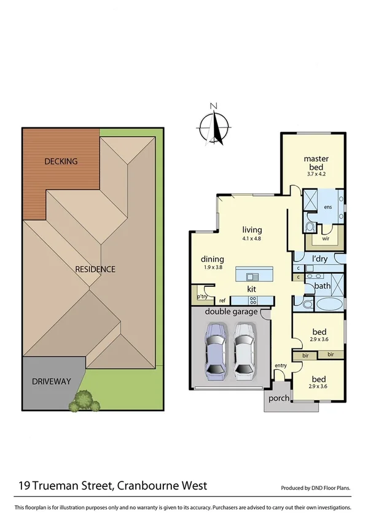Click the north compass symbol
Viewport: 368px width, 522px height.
tap(213, 126)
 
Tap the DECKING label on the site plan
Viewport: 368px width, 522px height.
tap(61, 162)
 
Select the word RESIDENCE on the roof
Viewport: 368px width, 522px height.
tap(95, 269)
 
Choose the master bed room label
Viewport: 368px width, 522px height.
tap(316, 163)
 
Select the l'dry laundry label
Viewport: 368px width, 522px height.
tap(320, 259)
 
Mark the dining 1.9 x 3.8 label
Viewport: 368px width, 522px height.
tap(212, 263)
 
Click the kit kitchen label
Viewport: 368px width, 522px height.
tap(251, 288)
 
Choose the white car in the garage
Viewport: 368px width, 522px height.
tap(244, 351)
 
